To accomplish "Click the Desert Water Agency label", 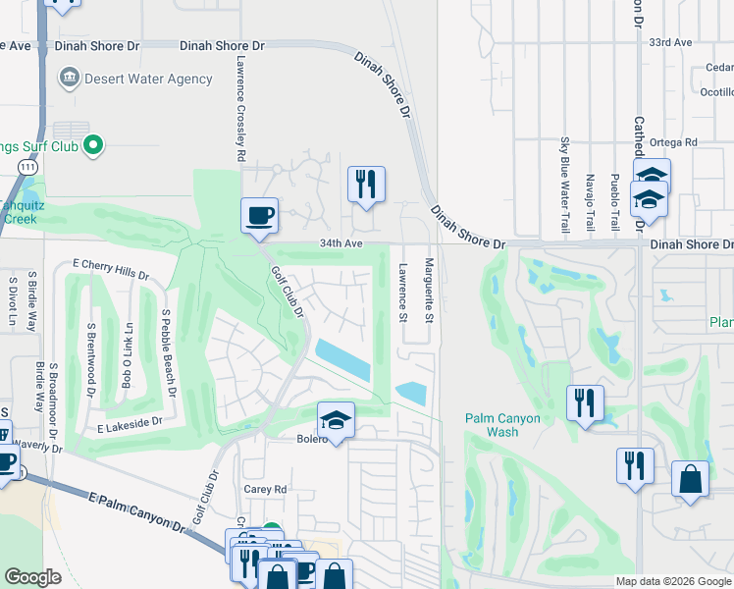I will [x=148, y=79].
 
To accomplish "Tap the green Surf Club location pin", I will [x=93, y=146].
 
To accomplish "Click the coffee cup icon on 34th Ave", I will [x=260, y=216].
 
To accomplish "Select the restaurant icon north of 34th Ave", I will [x=366, y=185].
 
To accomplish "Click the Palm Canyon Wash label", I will [x=502, y=425].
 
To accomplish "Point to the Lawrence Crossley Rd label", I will [x=239, y=109].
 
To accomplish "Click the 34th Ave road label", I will [x=341, y=243].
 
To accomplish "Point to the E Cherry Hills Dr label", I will [x=111, y=270].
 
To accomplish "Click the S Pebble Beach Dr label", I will [x=168, y=353].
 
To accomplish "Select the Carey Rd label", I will [x=265, y=489].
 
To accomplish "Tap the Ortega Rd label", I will [x=677, y=142].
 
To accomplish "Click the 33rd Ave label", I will [x=670, y=43].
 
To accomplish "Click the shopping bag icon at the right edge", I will [x=690, y=481].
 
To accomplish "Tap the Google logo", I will [x=32, y=577].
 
